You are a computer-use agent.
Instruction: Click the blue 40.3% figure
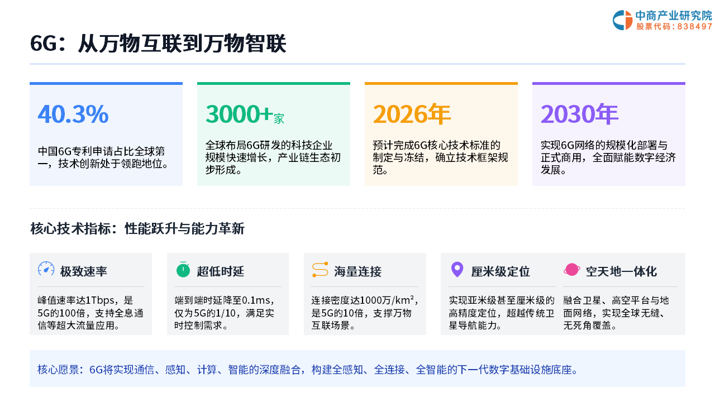pyautogui.click(x=73, y=114)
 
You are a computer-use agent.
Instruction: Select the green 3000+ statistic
pyautogui.click(x=239, y=114)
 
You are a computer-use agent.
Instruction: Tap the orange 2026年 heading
pyautogui.click(x=412, y=114)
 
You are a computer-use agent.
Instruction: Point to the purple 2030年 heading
pyautogui.click(x=579, y=114)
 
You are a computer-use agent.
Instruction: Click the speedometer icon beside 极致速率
pyautogui.click(x=46, y=269)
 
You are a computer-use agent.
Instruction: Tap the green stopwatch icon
pyautogui.click(x=183, y=270)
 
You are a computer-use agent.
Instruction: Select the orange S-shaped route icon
pyautogui.click(x=320, y=270)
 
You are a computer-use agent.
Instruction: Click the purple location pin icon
pyautogui.click(x=457, y=270)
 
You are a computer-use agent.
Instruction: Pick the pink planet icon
pyautogui.click(x=571, y=270)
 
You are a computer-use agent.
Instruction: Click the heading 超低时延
pyautogui.click(x=220, y=271)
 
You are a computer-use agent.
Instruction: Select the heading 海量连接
pyautogui.click(x=357, y=271)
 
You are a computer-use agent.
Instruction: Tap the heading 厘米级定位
pyautogui.click(x=500, y=271)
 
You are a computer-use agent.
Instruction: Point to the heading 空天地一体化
pyautogui.click(x=621, y=271)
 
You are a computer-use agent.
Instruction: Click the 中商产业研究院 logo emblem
pyautogui.click(x=622, y=20)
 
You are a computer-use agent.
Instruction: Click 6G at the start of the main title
pyautogui.click(x=44, y=44)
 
